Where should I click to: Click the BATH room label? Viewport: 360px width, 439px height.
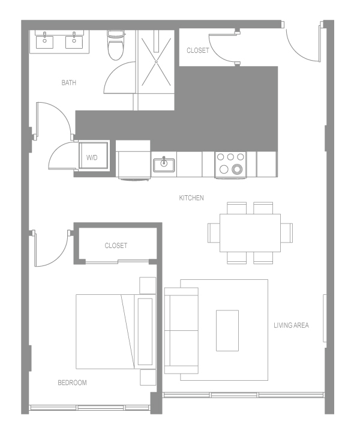click(x=69, y=83)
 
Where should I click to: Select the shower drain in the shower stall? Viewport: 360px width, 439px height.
click(x=157, y=61)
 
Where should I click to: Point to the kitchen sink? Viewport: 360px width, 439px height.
click(x=163, y=164)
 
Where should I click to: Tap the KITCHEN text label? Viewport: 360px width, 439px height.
click(x=191, y=198)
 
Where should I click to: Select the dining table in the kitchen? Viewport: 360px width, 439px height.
click(x=250, y=232)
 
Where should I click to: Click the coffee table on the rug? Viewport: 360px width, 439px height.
click(x=227, y=330)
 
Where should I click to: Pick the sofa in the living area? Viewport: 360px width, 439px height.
click(x=181, y=330)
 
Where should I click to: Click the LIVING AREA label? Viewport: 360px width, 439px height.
click(x=291, y=325)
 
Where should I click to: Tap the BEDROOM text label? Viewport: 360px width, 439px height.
click(x=72, y=383)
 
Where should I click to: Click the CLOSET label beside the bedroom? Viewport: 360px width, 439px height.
click(x=116, y=246)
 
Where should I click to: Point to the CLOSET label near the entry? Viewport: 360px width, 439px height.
click(x=197, y=50)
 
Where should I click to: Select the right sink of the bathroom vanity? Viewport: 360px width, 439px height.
click(x=75, y=41)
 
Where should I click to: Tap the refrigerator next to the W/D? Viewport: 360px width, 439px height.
click(x=133, y=160)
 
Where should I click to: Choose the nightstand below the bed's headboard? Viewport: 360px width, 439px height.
click(x=148, y=377)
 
